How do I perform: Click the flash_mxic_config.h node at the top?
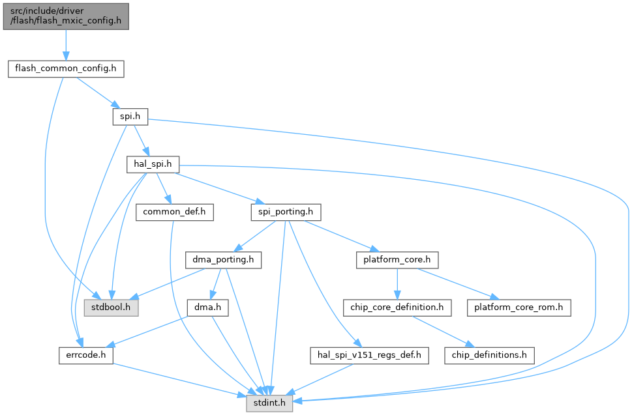click(65, 16)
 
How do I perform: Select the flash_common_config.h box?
click(65, 68)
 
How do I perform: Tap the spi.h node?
click(129, 117)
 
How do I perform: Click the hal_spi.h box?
click(151, 165)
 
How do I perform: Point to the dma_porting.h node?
click(224, 260)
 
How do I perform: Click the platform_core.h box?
click(397, 260)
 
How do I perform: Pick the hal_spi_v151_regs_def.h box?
click(369, 356)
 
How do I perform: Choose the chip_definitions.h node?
click(489, 356)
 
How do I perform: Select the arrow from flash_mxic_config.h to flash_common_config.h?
click(65, 44)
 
